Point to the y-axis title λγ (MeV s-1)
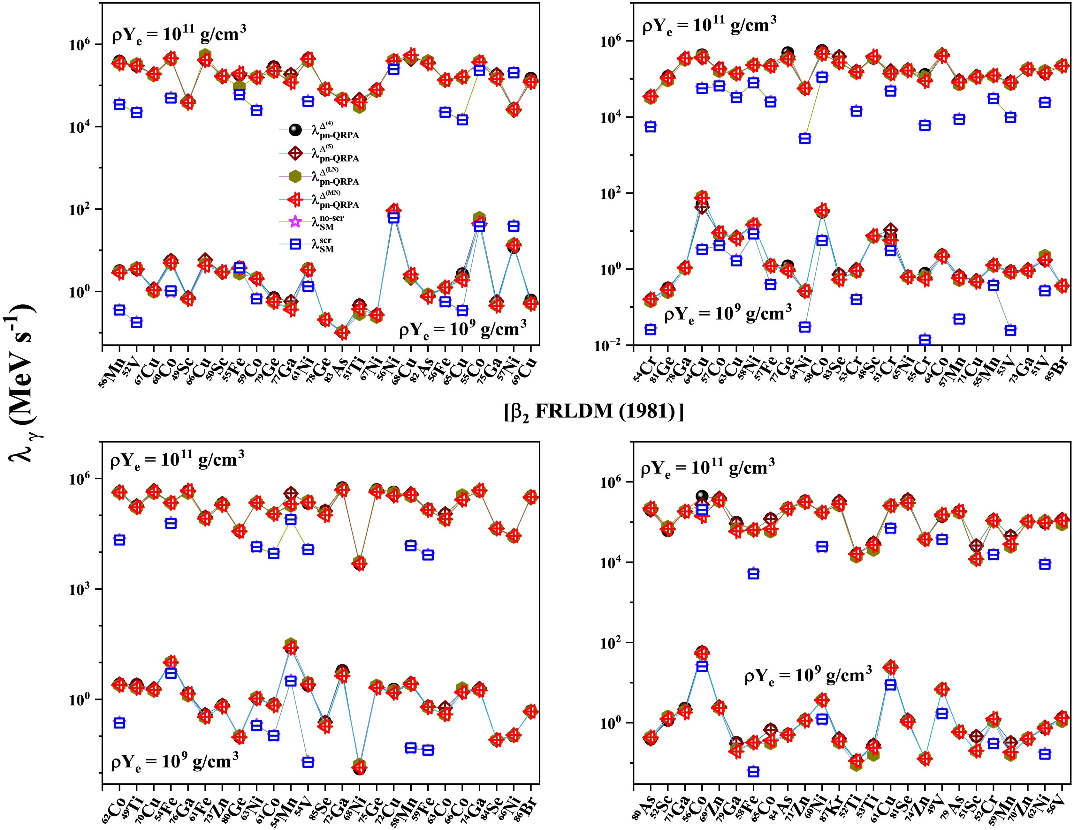click(x=22, y=383)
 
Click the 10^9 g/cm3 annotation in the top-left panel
click(x=462, y=329)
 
